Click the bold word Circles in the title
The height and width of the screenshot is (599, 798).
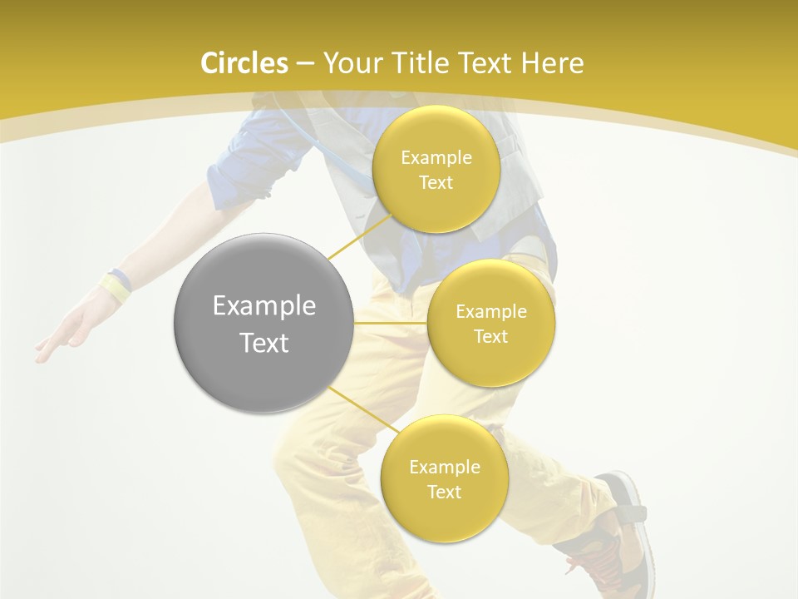244,63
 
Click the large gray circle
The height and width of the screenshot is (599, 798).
263,323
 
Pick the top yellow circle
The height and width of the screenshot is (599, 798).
436,169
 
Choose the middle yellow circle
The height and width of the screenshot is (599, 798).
490,323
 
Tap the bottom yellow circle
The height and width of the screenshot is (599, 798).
444,478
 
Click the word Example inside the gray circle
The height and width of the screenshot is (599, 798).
264,306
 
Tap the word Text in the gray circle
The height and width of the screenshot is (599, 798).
264,343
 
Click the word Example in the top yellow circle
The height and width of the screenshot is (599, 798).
436,157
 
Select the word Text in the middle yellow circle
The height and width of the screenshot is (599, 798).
490,336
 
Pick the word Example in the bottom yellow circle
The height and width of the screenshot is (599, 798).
444,467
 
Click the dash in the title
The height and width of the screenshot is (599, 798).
305,63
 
